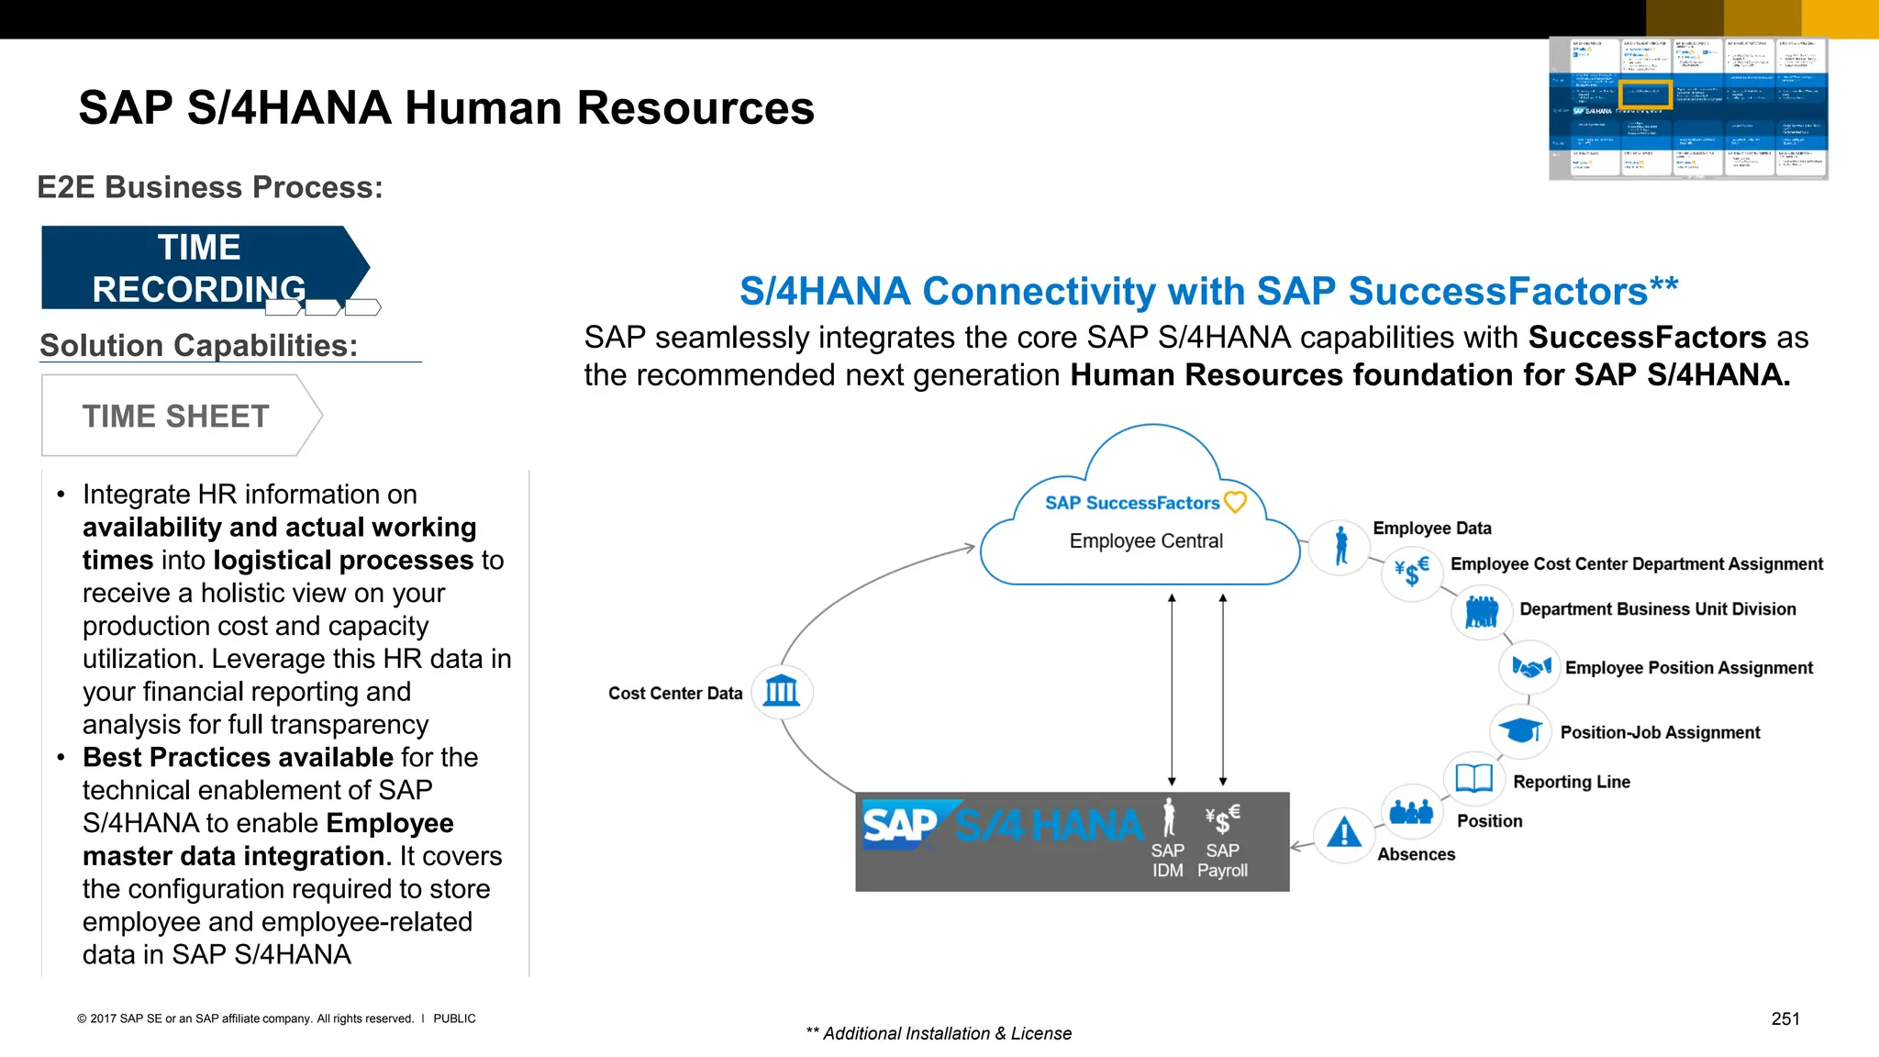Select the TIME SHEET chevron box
176,416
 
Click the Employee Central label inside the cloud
1145,541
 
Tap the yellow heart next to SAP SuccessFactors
1236,502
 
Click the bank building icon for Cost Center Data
782,691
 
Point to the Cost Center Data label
675,694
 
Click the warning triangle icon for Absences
1343,833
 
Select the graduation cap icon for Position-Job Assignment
1519,731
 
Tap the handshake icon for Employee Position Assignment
1530,667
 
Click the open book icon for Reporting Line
1473,779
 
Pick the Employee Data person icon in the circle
1340,546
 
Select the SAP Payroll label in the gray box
1222,861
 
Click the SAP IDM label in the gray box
1168,861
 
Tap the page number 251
1784,1018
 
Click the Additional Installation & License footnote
939,1034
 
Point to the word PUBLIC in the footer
454,1018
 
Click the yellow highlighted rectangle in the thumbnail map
1644,94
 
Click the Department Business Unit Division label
1657,609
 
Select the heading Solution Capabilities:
199,346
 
